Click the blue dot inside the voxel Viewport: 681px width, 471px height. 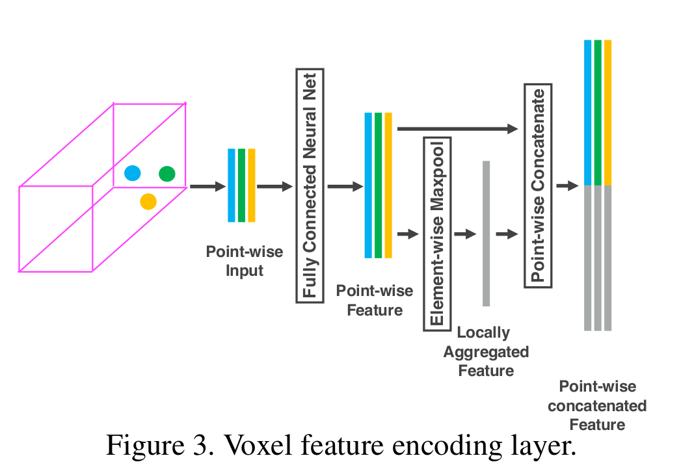[x=133, y=173]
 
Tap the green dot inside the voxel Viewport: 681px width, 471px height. [x=167, y=173]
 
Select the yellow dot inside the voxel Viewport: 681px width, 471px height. [x=148, y=202]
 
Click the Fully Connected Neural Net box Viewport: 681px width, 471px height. [x=310, y=185]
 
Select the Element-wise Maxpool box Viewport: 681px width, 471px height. [x=436, y=234]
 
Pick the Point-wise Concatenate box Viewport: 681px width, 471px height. [x=538, y=185]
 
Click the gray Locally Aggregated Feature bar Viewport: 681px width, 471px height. [x=486, y=233]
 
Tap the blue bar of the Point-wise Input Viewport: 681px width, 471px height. [x=231, y=185]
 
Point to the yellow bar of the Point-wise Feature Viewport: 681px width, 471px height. [x=388, y=185]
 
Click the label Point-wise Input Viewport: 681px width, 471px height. [x=245, y=261]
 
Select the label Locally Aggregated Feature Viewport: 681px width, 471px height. [x=486, y=351]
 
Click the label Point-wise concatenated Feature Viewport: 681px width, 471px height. [x=597, y=405]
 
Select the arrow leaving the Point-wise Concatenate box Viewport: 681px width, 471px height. [x=567, y=186]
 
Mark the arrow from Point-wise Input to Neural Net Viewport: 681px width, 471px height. [x=274, y=187]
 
